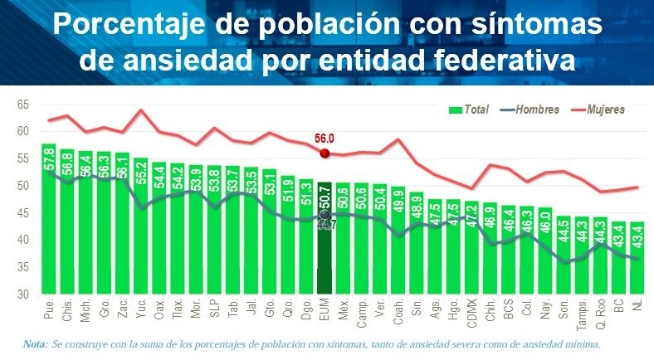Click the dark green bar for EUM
(x=325, y=241)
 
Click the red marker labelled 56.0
(x=325, y=153)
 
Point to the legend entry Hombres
(x=534, y=109)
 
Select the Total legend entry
(x=469, y=109)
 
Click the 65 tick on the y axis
(x=22, y=105)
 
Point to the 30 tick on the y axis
(x=22, y=294)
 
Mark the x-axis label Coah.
(x=399, y=311)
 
